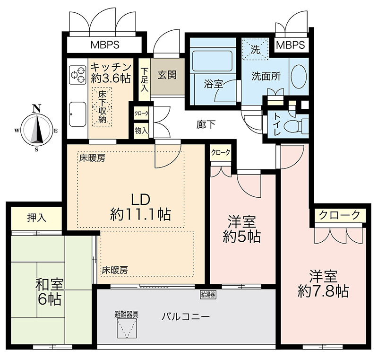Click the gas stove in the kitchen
point(77,75)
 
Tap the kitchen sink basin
point(77,114)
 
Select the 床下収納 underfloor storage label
point(103,107)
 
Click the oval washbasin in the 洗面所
point(299,77)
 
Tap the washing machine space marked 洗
point(255,49)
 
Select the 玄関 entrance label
point(167,75)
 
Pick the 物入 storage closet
point(141,131)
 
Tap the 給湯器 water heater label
point(208,294)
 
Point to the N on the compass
point(37,109)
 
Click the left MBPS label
point(105,45)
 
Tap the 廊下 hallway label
point(206,124)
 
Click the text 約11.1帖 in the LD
point(140,214)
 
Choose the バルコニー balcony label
point(186,316)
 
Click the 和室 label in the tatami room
point(50,284)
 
